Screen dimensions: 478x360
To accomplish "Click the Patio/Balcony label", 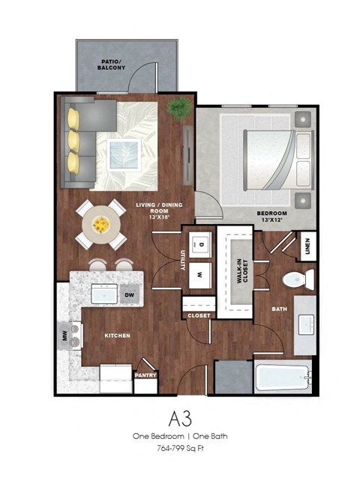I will [x=111, y=64].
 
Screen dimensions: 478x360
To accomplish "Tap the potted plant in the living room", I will [x=178, y=109].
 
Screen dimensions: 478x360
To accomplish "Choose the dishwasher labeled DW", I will [x=129, y=295].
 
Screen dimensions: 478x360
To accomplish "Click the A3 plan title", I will [x=179, y=417].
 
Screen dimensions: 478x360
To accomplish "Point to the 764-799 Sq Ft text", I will [x=179, y=447].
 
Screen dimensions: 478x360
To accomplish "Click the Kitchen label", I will [x=118, y=336].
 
